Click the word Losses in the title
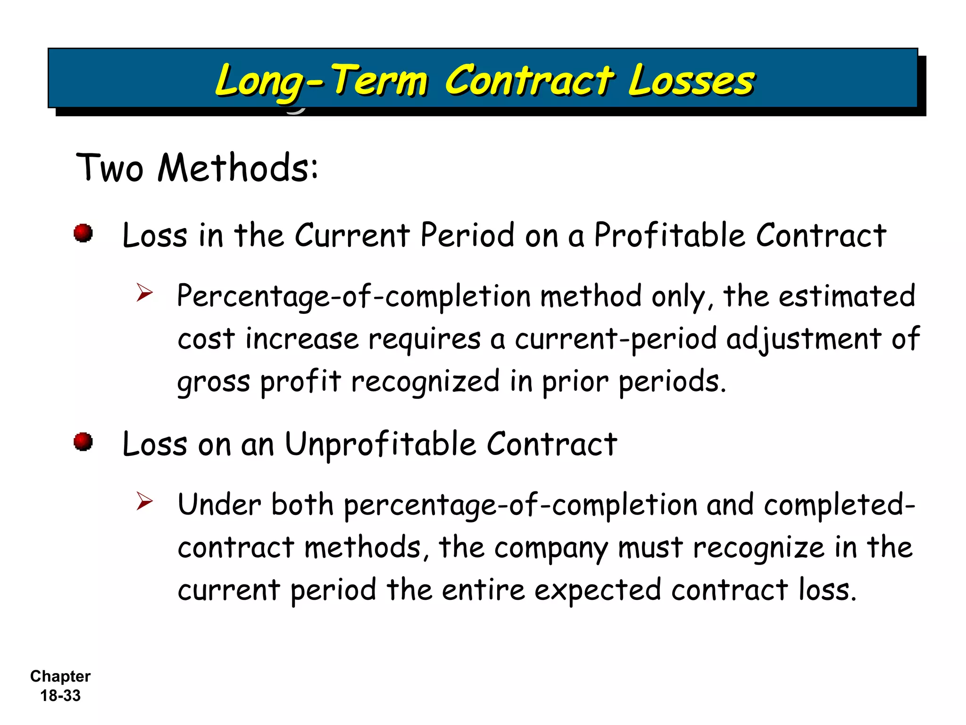click(x=691, y=80)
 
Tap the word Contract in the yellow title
click(x=529, y=80)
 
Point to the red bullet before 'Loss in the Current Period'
click(x=83, y=233)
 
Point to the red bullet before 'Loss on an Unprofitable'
click(x=83, y=442)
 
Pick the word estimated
click(x=847, y=296)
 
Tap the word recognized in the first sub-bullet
click(x=425, y=381)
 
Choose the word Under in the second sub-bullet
click(x=219, y=505)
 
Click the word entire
click(x=483, y=590)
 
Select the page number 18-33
click(x=60, y=696)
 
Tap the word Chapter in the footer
click(x=60, y=676)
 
